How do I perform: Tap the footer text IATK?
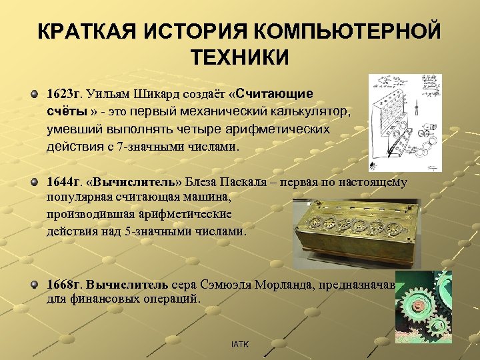coord(239,344)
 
